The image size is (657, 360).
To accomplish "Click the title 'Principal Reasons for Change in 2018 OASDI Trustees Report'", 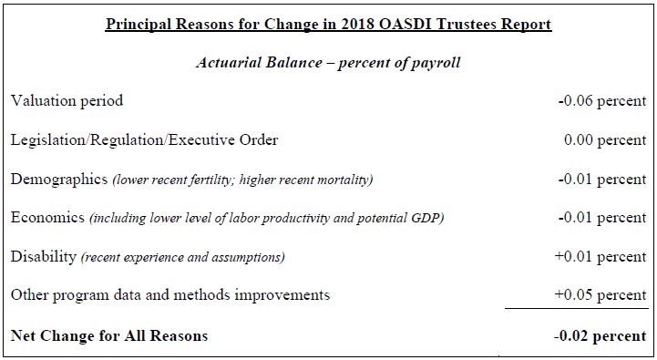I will [328, 25].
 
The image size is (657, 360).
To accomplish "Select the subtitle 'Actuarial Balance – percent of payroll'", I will [328, 63].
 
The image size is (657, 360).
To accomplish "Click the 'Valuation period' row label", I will [67, 101].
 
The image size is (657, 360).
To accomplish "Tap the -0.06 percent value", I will [601, 101].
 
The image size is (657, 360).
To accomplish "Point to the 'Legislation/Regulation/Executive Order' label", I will [144, 140].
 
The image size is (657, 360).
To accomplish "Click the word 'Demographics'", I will [59, 179].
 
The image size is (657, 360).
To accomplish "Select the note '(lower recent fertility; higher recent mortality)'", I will [242, 180].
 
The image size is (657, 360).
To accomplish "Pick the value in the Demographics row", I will [601, 179].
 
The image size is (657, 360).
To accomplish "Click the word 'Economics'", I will [48, 218].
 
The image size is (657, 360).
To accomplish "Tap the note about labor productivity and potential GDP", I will [266, 219].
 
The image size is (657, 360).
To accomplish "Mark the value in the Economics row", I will [601, 218].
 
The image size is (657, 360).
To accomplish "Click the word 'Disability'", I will [44, 256].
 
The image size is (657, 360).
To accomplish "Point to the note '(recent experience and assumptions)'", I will [182, 257].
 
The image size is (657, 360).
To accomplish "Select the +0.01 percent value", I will [601, 256].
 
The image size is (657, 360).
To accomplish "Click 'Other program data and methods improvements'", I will [170, 295].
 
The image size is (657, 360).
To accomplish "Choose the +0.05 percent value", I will [601, 295].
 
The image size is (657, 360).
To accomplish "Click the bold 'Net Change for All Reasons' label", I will [109, 336].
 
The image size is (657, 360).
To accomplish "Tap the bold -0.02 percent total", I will [601, 336].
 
